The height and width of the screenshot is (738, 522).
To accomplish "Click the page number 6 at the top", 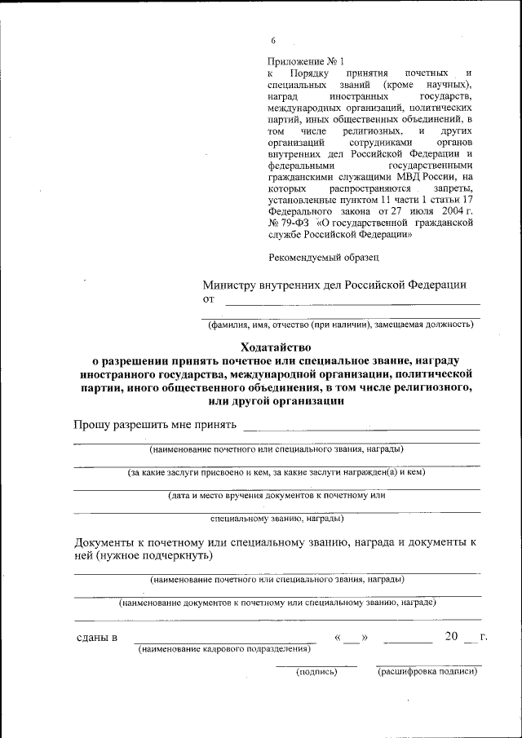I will (274, 42).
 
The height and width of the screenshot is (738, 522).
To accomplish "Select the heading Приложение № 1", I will (306, 61).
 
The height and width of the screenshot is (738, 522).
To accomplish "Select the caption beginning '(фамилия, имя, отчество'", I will (341, 325).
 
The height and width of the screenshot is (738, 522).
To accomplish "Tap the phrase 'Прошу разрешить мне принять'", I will (155, 425).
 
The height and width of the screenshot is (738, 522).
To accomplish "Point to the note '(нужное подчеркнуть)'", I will (154, 555).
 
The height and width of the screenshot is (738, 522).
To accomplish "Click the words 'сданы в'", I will (95, 637).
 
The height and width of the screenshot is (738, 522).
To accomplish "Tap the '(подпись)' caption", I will (316, 673).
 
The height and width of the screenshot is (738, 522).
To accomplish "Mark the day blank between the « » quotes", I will (351, 637).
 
